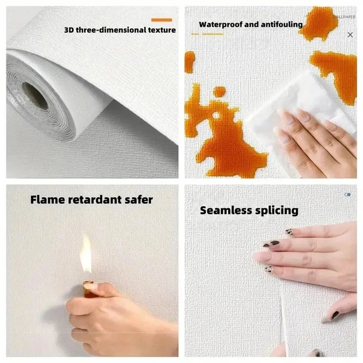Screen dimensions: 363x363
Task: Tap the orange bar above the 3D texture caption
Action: pyautogui.click(x=161, y=19)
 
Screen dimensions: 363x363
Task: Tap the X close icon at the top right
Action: pyautogui.click(x=350, y=35)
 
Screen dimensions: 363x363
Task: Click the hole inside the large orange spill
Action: pyautogui.click(x=216, y=116)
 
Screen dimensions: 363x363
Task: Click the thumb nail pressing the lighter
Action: pyautogui.click(x=91, y=286)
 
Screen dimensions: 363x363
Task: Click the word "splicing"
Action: pyautogui.click(x=278, y=210)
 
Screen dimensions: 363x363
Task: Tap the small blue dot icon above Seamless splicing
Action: pyautogui.click(x=348, y=194)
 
